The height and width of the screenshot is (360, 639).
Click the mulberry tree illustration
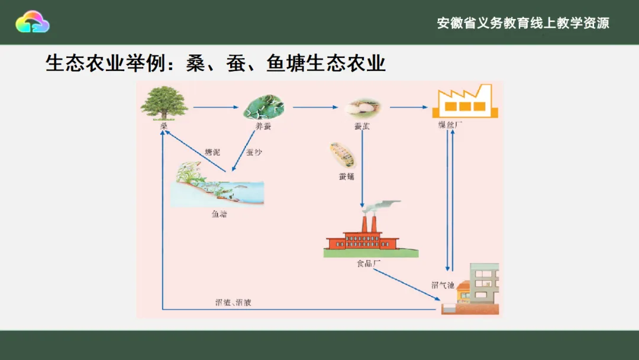pos(164,102)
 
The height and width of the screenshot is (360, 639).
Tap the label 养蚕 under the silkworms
pos(263,126)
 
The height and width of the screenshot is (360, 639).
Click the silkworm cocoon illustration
pos(363,107)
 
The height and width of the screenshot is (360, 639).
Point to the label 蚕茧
pos(363,126)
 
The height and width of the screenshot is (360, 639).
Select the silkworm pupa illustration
pos(343,155)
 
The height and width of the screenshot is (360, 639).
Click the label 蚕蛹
pos(347,176)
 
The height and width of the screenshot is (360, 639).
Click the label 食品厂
pos(364,263)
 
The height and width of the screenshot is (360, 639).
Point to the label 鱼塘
pos(219,214)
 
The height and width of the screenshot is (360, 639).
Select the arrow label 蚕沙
pos(254,152)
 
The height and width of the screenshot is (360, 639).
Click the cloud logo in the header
pos(33,22)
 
